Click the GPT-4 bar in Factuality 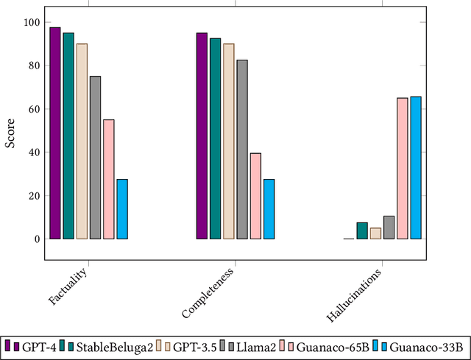click(55, 133)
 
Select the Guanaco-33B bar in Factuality click(122, 209)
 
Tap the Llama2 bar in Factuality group click(95, 158)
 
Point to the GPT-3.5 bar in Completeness click(229, 141)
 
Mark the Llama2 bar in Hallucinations click(389, 227)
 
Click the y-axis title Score click(11, 133)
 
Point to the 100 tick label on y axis click(30, 22)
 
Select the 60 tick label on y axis click(32, 109)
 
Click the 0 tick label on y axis click(35, 239)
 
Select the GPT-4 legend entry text click(37, 346)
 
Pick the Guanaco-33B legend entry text click(425, 346)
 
